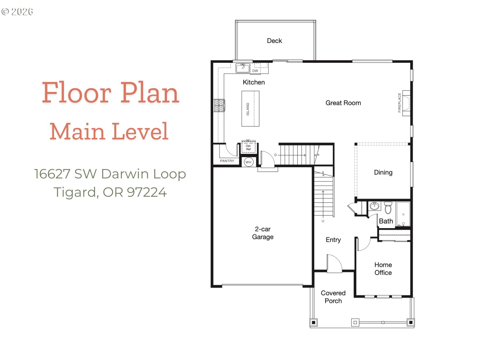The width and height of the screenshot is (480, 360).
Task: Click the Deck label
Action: point(274,41)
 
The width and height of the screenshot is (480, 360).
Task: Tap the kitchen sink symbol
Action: point(243,68)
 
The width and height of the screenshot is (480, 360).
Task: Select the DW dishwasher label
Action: point(255,71)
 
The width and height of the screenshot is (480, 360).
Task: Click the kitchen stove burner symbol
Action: point(219,105)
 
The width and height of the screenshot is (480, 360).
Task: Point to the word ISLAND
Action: point(248,109)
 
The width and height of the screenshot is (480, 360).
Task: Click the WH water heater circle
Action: point(248,162)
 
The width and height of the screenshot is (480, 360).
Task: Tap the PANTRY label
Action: point(227,161)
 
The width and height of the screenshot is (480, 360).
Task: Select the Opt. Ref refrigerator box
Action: point(248,147)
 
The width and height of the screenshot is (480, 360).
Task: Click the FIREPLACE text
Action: point(399,103)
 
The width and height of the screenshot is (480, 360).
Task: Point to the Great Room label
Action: point(343,103)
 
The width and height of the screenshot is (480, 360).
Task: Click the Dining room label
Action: point(383,173)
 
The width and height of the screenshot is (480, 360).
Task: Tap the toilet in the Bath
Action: point(388,208)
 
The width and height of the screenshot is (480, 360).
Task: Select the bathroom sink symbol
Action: point(374,206)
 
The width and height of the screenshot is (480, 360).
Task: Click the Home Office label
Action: point(383,269)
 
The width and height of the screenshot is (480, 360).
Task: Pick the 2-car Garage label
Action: point(263,233)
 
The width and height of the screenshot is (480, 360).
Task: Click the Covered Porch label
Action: point(333,297)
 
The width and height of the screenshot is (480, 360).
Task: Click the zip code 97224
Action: point(147,192)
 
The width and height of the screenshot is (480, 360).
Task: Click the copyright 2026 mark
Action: point(17,12)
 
